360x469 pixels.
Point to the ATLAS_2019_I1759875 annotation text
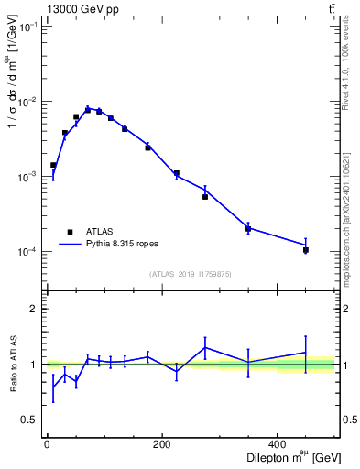(x=190, y=273)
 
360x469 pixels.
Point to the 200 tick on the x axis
(x=162, y=445)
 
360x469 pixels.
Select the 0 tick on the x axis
(x=47, y=445)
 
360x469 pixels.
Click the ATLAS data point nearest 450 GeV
(x=306, y=250)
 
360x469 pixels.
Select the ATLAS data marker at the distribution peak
(x=88, y=109)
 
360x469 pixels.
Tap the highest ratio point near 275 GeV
(x=205, y=347)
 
